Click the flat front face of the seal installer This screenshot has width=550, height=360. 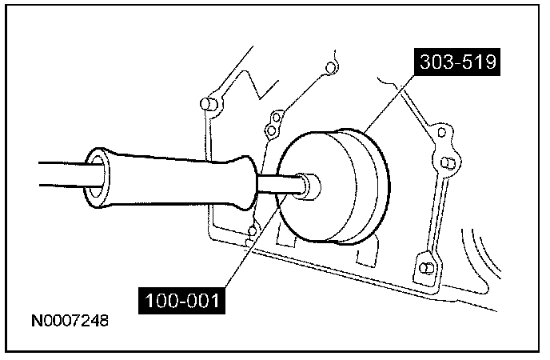pos(320,188)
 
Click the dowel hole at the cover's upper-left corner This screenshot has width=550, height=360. pos(206,104)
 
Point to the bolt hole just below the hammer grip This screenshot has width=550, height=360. pos(251,234)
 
